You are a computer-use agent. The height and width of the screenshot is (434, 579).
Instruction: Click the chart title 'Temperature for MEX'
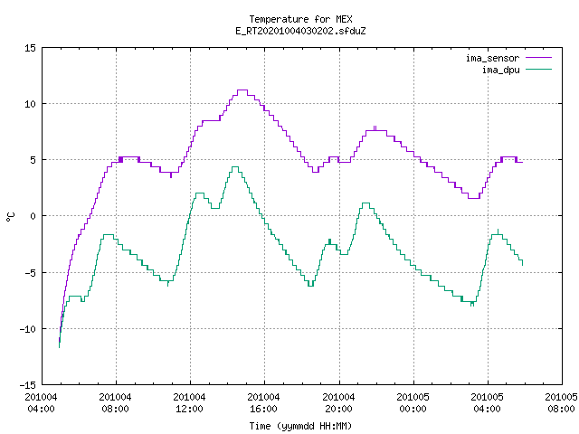coord(300,19)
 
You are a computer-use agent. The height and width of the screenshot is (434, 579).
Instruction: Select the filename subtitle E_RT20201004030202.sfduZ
coord(300,31)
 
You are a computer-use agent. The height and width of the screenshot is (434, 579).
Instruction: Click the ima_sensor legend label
coord(492,58)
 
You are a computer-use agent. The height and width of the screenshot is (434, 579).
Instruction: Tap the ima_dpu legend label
coord(500,70)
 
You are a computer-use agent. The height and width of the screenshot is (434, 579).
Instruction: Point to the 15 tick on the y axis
coord(30,48)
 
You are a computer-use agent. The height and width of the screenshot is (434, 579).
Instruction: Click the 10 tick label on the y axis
coord(30,104)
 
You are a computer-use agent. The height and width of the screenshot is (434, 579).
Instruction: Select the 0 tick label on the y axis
coord(33,216)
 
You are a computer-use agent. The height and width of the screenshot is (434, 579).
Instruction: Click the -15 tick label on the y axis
coord(28,385)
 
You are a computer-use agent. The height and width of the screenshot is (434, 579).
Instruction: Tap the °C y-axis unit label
coord(10,216)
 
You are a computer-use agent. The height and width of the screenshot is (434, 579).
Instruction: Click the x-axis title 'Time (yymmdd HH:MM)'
coord(300,426)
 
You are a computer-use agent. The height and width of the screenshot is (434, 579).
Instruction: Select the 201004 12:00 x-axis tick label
coord(189,403)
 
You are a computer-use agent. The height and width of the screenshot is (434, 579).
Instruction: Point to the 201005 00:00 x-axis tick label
coord(413,403)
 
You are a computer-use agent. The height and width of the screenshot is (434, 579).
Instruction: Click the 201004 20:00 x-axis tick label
coord(338,403)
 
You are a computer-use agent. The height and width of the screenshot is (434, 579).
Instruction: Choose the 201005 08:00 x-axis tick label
coord(561,403)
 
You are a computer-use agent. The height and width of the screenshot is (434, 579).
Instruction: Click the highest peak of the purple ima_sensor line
coord(242,90)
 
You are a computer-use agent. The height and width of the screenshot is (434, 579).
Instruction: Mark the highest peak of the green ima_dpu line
coord(235,166)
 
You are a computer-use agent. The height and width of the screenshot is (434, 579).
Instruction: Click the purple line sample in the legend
coord(539,58)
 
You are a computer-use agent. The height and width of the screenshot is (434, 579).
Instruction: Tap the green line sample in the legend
coord(539,70)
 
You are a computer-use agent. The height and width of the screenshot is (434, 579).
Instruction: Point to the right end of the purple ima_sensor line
coord(523,162)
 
